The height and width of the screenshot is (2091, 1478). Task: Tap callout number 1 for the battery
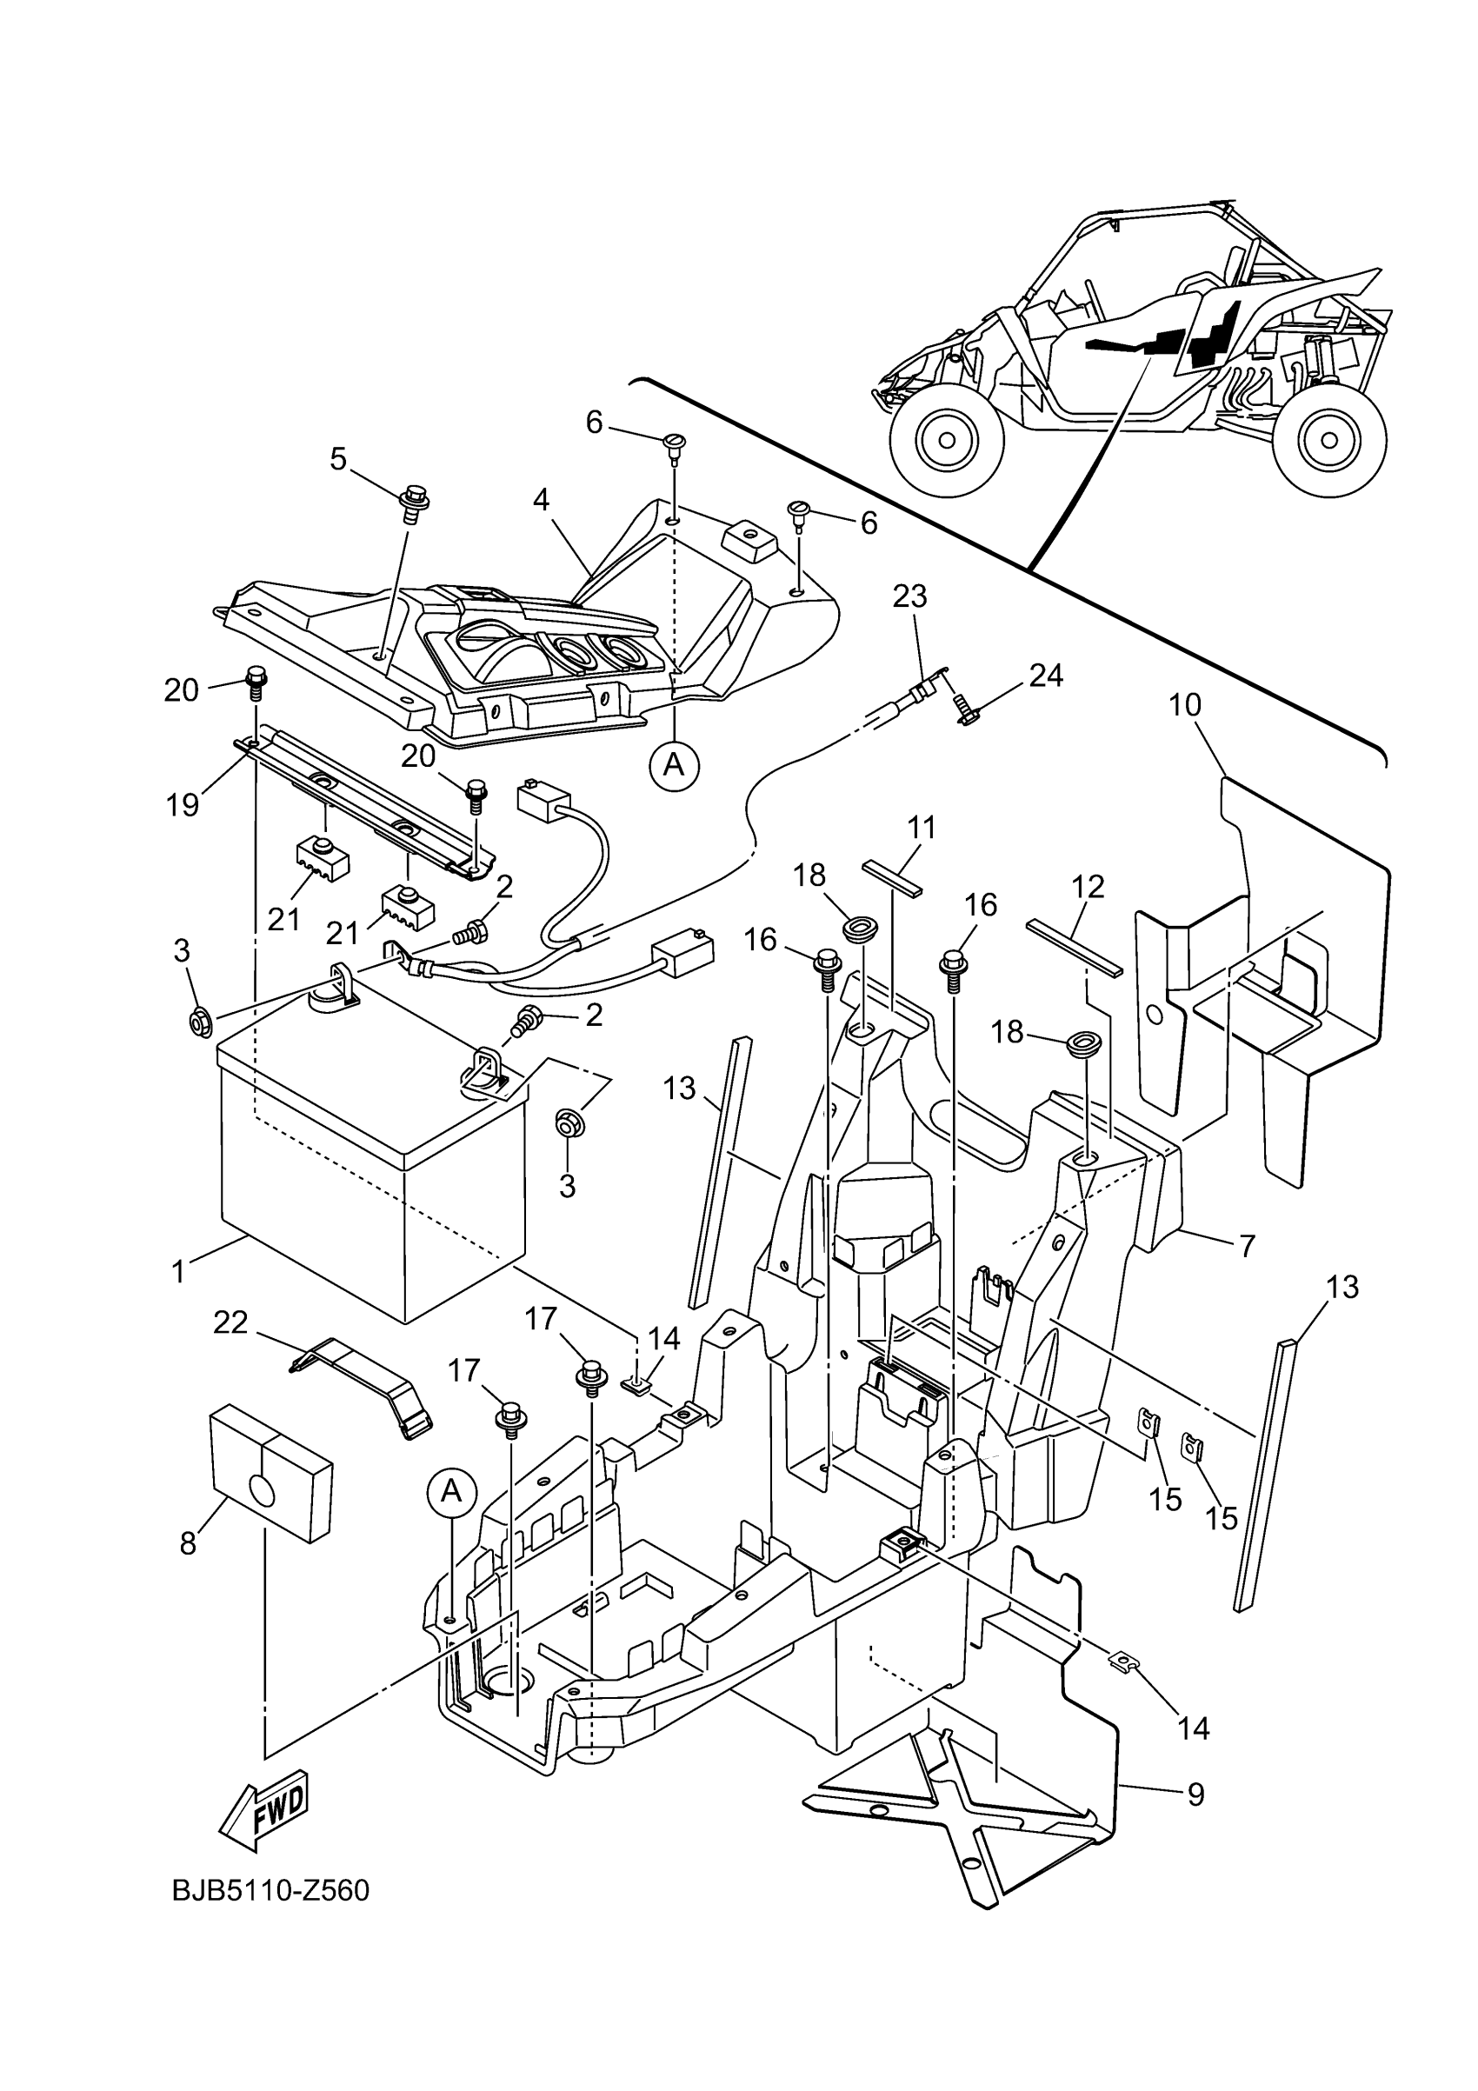(178, 1271)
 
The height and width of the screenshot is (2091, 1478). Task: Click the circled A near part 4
(673, 765)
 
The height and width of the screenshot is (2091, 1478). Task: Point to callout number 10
(1186, 704)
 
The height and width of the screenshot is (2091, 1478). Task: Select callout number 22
(230, 1322)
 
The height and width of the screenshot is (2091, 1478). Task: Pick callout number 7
(1247, 1244)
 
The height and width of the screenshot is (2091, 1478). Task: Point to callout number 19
(182, 805)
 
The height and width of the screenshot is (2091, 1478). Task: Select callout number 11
(922, 828)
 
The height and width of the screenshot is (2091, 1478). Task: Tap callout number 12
(1089, 886)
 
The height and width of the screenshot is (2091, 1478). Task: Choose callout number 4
(541, 500)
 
